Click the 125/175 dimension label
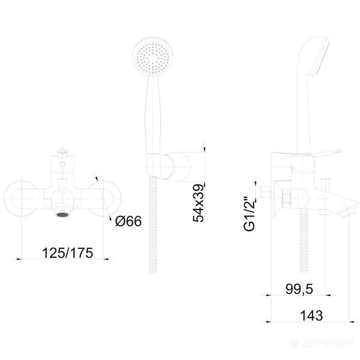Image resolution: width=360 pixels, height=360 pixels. tap(67, 253)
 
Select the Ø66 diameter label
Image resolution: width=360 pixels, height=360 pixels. tap(128, 221)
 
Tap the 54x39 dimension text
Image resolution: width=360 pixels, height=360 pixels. tap(199, 203)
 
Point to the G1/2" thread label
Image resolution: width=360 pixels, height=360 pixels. tap(250, 214)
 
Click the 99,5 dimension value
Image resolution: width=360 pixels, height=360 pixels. tap(299, 289)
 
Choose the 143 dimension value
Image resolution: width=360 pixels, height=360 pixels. tap(311, 316)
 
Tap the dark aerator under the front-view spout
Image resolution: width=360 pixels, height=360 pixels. tap(62, 215)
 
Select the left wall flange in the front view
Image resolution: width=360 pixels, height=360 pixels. tap(20, 199)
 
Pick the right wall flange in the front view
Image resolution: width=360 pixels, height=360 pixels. tap(104, 199)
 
